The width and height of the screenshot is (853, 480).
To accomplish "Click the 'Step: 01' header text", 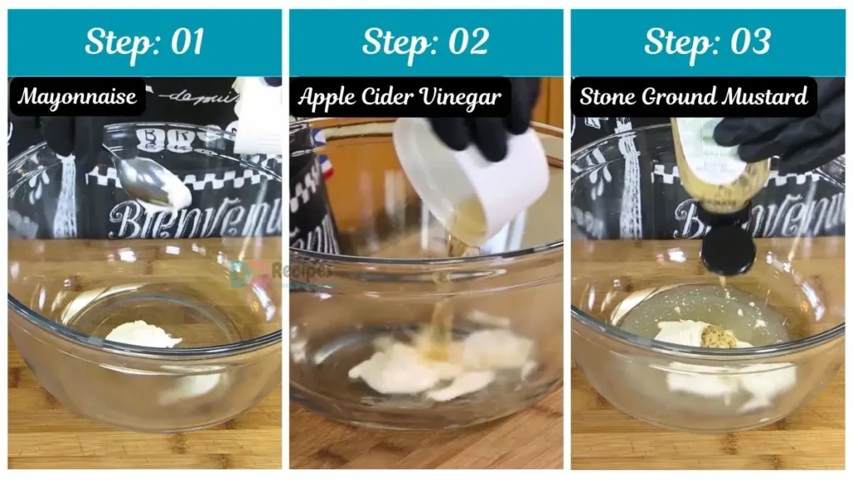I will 144,42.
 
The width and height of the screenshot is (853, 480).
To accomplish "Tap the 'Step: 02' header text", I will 426,42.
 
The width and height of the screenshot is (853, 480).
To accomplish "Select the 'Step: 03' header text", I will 706,42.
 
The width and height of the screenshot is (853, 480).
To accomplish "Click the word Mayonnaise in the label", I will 77,97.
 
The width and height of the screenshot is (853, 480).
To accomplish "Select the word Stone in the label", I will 606,97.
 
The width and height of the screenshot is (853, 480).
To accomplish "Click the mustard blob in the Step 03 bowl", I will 719,337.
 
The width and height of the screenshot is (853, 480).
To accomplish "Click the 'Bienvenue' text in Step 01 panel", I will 192,219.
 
